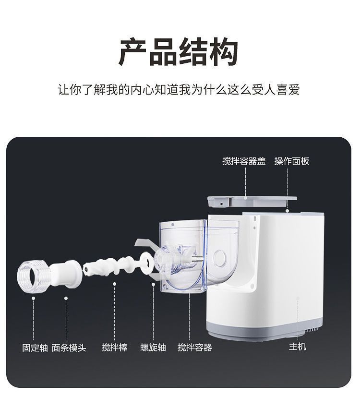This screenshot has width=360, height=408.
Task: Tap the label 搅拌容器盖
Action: (x=244, y=161)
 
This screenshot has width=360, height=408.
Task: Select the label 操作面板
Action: (x=292, y=161)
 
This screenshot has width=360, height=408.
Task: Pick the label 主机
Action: (x=297, y=347)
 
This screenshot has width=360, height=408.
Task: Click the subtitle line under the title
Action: (x=179, y=90)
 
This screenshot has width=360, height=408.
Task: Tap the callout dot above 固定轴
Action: (x=34, y=298)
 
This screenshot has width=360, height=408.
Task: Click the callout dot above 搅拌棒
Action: (x=114, y=284)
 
